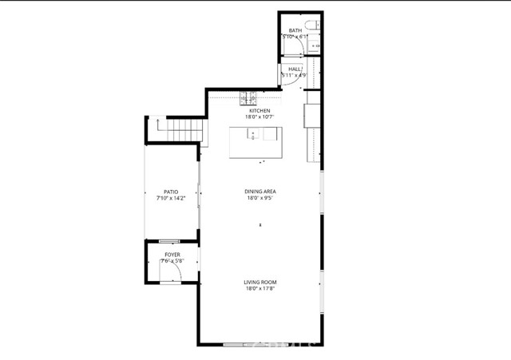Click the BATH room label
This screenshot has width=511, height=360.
click(x=295, y=30)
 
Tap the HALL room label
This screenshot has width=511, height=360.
click(x=295, y=69)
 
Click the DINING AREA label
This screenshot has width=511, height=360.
click(x=259, y=192)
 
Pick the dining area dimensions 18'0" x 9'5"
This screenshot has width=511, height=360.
click(x=259, y=199)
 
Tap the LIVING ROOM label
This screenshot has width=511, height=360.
click(x=259, y=282)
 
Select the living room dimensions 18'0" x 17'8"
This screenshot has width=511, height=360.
click(x=259, y=289)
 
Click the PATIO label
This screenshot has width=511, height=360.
click(x=171, y=192)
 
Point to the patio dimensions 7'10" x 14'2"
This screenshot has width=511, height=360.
click(x=171, y=199)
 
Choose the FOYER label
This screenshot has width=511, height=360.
click(x=172, y=254)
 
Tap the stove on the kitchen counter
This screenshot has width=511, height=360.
click(x=248, y=99)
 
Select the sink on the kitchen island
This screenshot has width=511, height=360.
click(x=253, y=135)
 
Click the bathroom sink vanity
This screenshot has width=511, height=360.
click(x=316, y=46)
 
